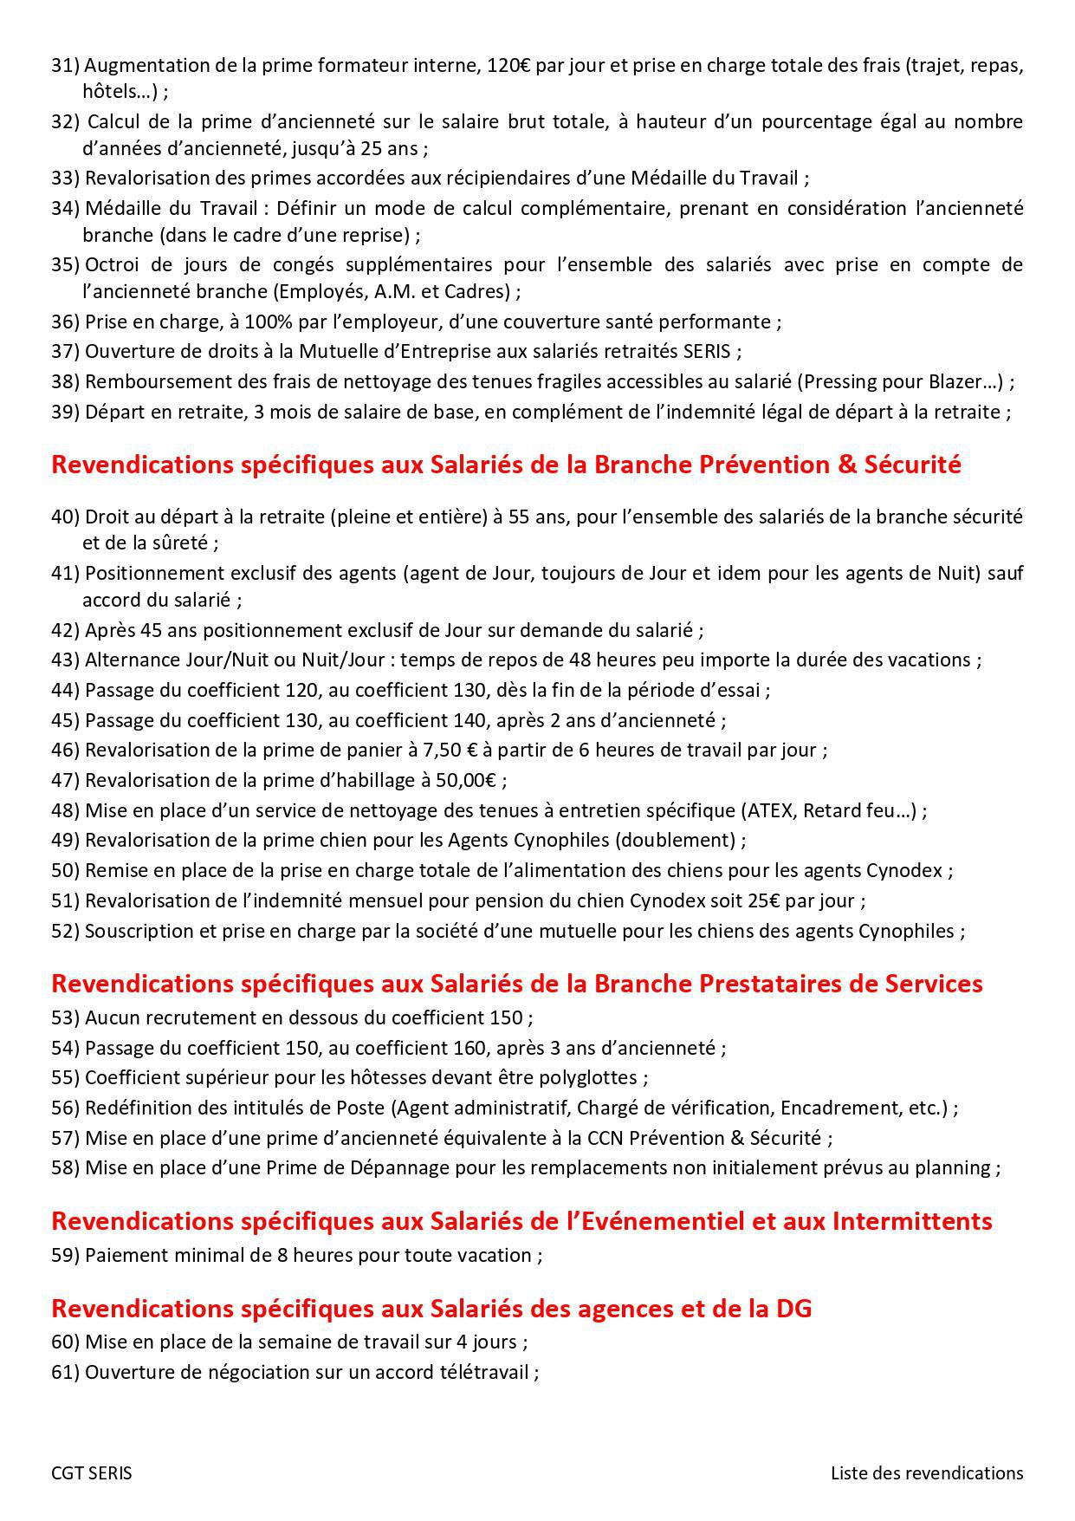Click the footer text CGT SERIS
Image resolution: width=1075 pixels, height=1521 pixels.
92,1473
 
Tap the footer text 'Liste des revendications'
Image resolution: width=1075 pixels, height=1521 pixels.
927,1473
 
